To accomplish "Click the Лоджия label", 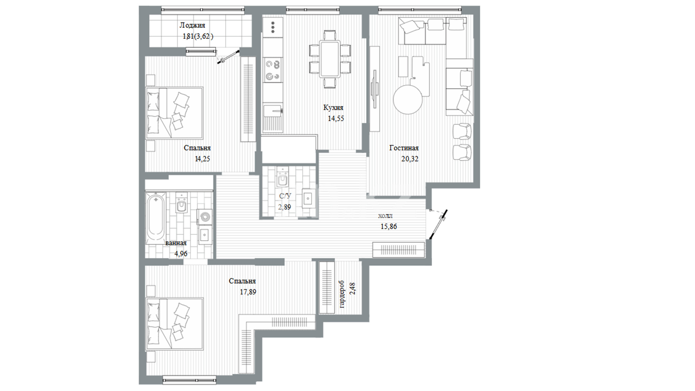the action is (192, 25).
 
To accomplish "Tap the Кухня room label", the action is (333, 108).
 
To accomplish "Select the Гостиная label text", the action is (404, 148).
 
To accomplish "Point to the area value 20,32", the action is (410, 159).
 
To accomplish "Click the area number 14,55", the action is (336, 118).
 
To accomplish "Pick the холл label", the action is (385, 216).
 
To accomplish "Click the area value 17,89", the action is (248, 292).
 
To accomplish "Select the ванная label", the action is (176, 243).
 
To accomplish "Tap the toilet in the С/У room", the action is (282, 178).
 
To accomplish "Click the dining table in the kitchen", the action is (330, 59).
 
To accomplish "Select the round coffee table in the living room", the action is (408, 100).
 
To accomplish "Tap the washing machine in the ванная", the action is (205, 217).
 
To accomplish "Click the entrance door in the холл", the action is (438, 224).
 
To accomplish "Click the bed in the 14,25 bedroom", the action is (174, 113).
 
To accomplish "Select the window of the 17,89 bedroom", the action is (189, 380).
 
